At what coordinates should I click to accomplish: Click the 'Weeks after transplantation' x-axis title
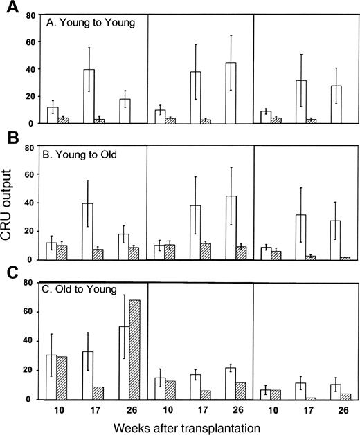(x=197, y=427)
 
